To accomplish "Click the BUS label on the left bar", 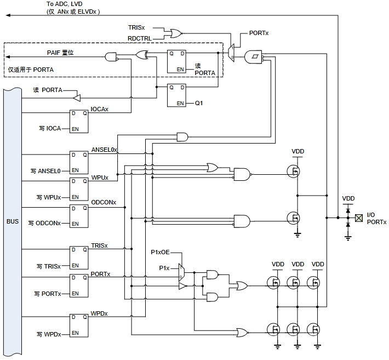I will point(12,221).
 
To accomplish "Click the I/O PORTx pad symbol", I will point(359,218).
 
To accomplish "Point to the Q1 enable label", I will point(199,102).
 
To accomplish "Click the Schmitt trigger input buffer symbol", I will point(253,55).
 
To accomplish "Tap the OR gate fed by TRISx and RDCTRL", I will point(177,33).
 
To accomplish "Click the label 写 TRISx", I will point(49,266).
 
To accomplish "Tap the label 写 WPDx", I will point(49,334).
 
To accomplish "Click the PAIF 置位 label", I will point(60,52).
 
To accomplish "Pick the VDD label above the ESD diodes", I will point(348,198).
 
